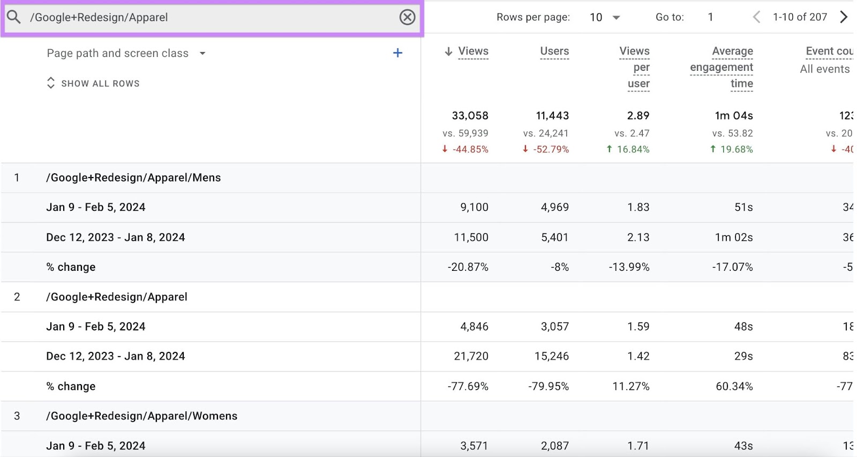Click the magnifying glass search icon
pos(14,17)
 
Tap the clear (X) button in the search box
pos(407,17)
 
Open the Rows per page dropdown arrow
pos(616,18)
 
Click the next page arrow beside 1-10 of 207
pos(844,17)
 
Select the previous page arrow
pos(756,17)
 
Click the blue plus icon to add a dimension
pos(397,53)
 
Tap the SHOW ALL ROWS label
pos(100,84)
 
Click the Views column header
pos(473,51)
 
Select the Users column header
pos(554,51)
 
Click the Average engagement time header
pos(721,67)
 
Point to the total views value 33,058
pos(470,116)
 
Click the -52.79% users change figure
pos(551,149)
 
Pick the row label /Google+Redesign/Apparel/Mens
pos(133,178)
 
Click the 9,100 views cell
pos(474,207)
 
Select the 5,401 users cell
pos(554,237)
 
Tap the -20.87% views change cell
pos(468,267)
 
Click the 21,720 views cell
pos(471,356)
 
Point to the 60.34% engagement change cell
pos(734,386)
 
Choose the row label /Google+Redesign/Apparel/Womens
pos(141,416)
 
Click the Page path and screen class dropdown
pos(126,53)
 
